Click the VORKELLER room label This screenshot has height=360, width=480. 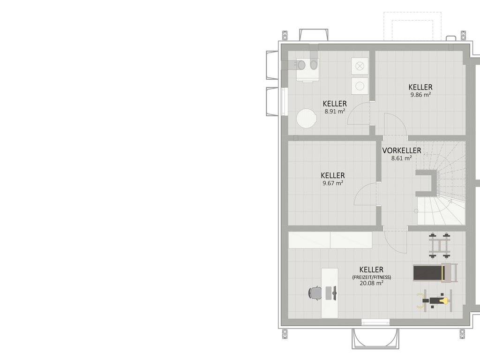(x=401, y=150)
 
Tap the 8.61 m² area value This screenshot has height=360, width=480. (x=401, y=158)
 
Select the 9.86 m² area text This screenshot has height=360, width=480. (x=420, y=95)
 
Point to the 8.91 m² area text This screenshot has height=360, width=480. (x=335, y=112)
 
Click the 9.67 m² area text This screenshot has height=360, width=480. (x=333, y=183)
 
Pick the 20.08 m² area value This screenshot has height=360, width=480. (x=371, y=283)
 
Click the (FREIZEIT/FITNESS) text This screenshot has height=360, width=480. (x=371, y=277)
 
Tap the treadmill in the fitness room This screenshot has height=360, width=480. (x=435, y=273)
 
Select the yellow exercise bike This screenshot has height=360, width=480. (x=435, y=300)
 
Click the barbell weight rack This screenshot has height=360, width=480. (x=440, y=245)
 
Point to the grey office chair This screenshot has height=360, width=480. (x=315, y=293)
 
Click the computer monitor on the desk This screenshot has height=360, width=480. (x=335, y=293)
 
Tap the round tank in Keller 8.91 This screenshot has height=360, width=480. (x=307, y=119)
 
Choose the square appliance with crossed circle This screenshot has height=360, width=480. (x=360, y=66)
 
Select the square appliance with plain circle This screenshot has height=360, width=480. (x=360, y=86)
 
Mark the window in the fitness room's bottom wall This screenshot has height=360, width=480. (x=375, y=322)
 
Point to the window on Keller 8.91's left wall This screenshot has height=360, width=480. (x=285, y=102)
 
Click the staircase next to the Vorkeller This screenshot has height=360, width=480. (x=441, y=183)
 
